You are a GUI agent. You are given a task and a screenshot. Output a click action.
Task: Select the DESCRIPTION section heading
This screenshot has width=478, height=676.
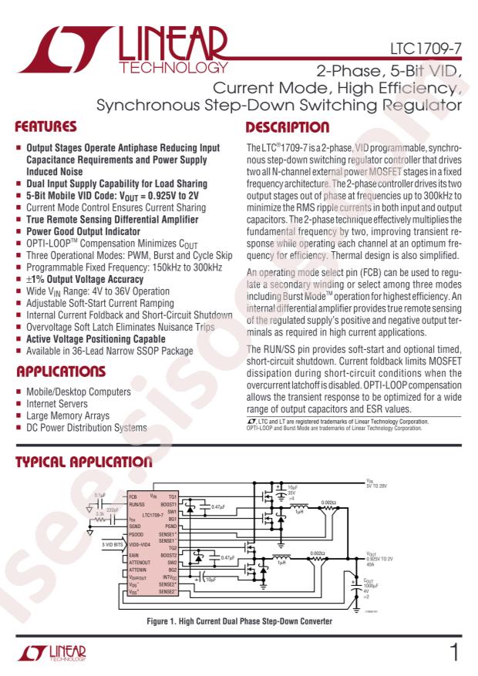pyautogui.click(x=287, y=126)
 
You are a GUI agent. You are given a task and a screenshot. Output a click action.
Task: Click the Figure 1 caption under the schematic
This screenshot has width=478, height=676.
pyautogui.click(x=239, y=621)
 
